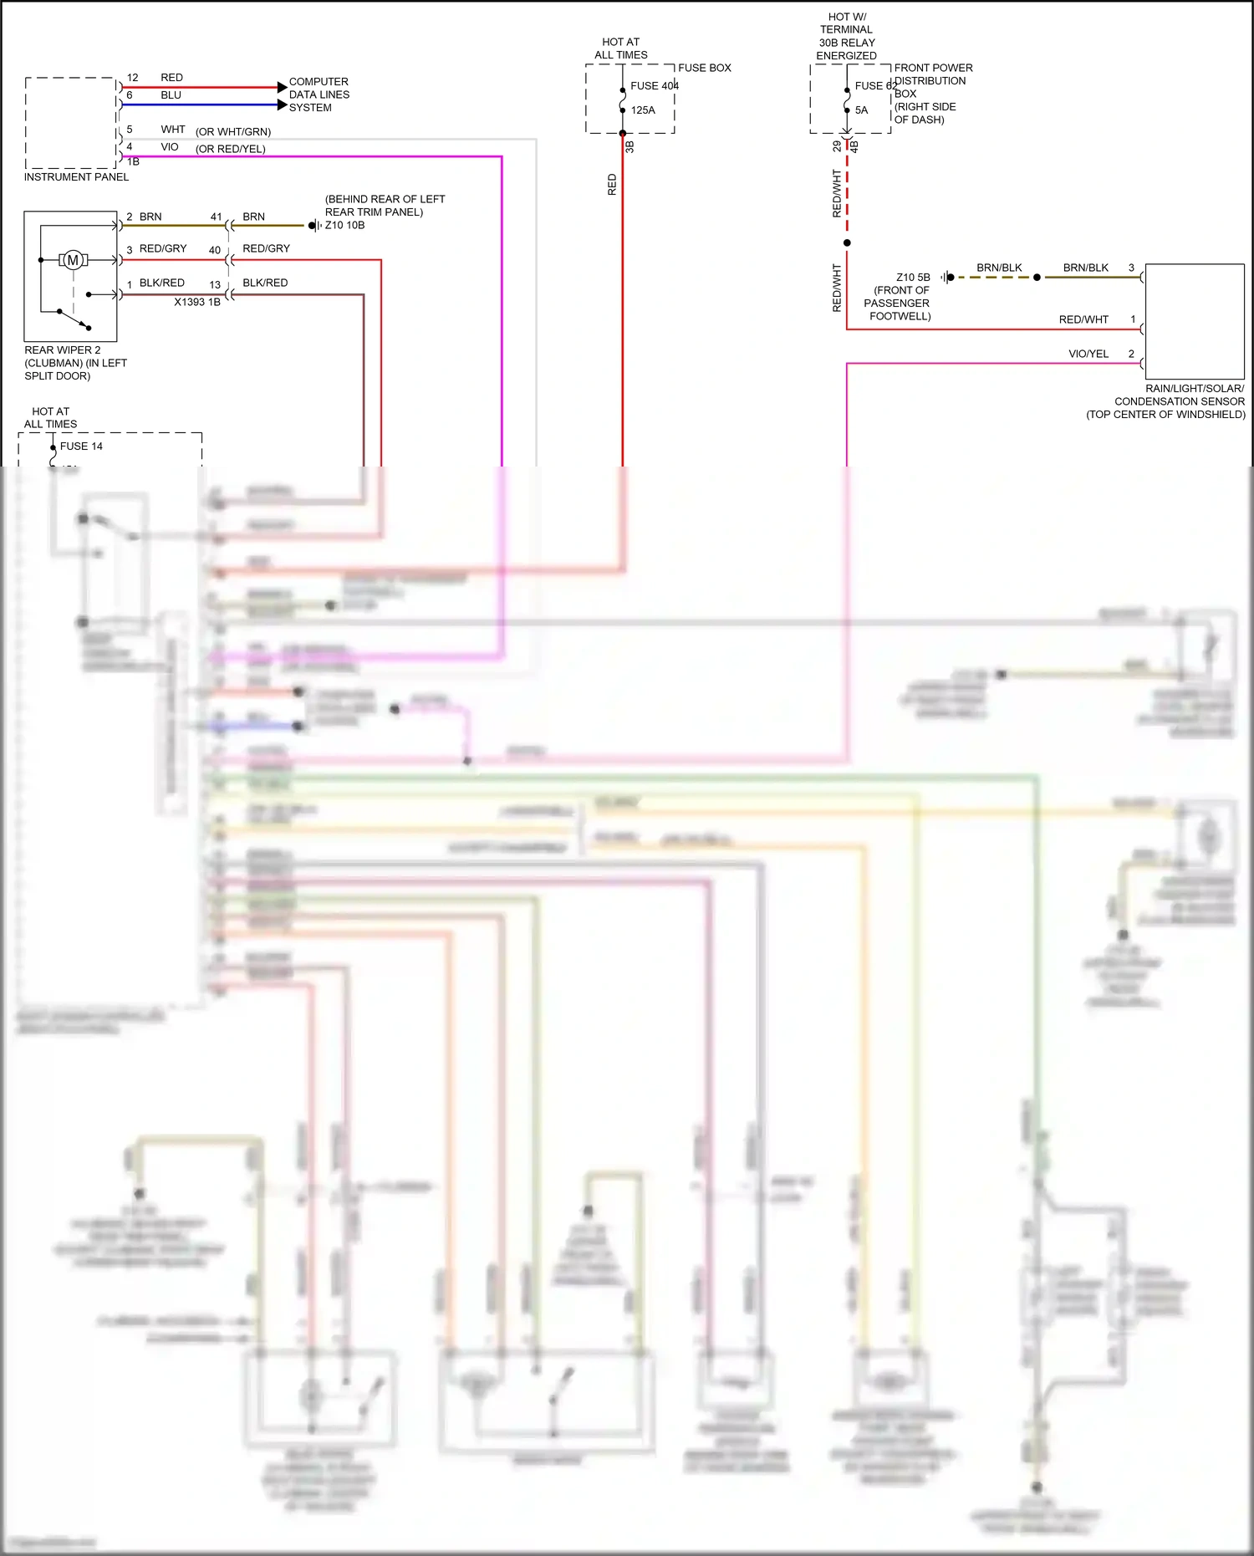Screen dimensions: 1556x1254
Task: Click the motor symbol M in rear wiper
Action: coord(74,260)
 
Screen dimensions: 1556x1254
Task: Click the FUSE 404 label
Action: coord(654,85)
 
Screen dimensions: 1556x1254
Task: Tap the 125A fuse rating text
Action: coord(643,110)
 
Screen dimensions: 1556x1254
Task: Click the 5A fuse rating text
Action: coord(861,110)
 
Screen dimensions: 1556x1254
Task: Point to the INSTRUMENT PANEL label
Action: coord(76,176)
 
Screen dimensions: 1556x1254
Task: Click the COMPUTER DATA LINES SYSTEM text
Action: coord(319,94)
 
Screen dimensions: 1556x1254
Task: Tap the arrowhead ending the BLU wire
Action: coord(282,105)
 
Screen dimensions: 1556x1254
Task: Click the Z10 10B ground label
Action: coord(344,225)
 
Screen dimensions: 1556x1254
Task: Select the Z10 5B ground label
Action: coord(913,277)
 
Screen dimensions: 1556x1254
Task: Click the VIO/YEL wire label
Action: coord(1088,354)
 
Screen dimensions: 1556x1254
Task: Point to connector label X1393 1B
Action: coord(197,302)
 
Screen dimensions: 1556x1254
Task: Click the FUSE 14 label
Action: coord(81,446)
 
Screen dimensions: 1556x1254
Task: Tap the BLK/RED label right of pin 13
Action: coord(265,283)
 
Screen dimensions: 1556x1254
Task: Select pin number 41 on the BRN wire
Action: coord(216,217)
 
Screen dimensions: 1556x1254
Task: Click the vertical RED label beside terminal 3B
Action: coord(612,185)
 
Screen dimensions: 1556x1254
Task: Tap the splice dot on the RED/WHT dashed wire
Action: coord(847,242)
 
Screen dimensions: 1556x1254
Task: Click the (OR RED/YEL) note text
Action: coord(231,149)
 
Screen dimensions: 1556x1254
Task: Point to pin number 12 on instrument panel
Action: coord(132,77)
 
